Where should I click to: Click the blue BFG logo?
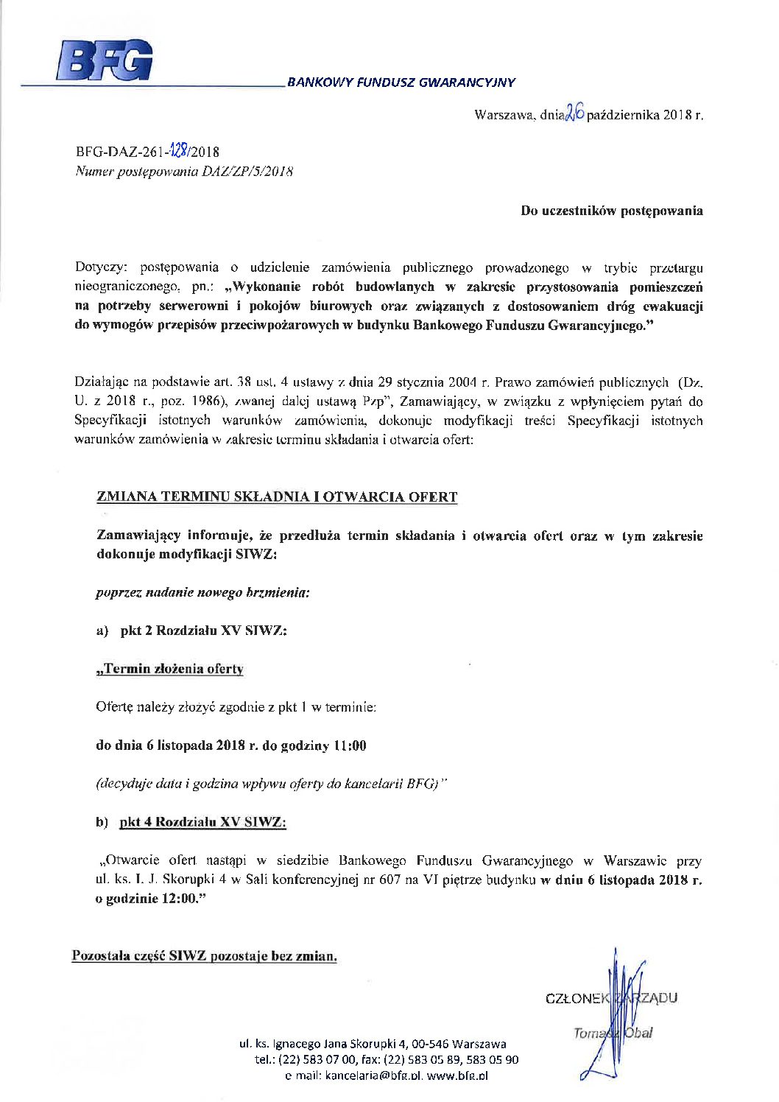point(105,60)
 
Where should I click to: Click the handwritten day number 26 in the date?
point(575,113)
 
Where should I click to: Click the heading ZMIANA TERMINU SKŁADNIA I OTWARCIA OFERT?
point(277,497)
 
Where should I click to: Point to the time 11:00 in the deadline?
point(350,745)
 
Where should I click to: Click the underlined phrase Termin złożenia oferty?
point(170,669)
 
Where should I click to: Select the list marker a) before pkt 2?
point(102,631)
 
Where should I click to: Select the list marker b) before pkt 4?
point(102,822)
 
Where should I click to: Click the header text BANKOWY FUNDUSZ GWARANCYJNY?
point(401,83)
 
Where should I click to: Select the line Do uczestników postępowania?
point(611,211)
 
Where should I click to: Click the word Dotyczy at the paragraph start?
point(101,267)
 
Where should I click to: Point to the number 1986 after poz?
point(204,401)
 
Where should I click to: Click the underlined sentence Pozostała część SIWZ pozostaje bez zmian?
point(205,956)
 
